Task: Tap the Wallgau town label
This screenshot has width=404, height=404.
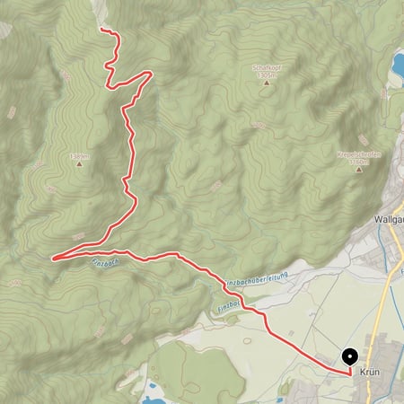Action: [x=386, y=218]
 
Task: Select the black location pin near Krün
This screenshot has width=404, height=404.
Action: [x=351, y=357]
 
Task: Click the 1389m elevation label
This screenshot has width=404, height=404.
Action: [x=78, y=155]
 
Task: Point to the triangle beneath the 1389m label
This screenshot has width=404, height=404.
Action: [x=79, y=164]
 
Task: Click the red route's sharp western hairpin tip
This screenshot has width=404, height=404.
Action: [x=53, y=259]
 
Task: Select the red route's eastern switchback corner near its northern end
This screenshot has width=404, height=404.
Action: [x=149, y=74]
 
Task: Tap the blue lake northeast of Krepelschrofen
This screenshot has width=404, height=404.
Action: [x=397, y=63]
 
